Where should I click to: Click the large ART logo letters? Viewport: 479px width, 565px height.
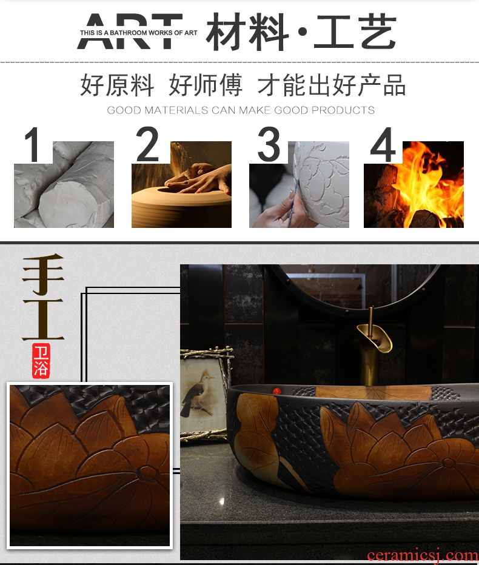click(130, 32)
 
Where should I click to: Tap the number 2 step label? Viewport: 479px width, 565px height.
click(147, 144)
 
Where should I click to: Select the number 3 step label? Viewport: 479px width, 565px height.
click(269, 144)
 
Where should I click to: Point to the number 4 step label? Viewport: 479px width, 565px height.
click(383, 144)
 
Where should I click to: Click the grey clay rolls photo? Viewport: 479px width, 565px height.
click(64, 184)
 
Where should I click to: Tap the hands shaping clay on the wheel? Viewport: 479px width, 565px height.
click(198, 178)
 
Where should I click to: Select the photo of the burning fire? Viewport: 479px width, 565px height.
click(414, 184)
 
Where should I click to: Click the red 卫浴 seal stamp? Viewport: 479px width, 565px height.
click(41, 360)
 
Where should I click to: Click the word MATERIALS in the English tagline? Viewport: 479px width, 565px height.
click(176, 110)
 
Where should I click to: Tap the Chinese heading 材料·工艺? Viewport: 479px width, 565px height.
click(301, 32)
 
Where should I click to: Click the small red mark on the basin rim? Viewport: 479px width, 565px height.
click(277, 391)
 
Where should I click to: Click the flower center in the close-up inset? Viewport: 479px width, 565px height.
click(146, 472)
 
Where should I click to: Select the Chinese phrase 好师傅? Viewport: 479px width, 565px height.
click(206, 85)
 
